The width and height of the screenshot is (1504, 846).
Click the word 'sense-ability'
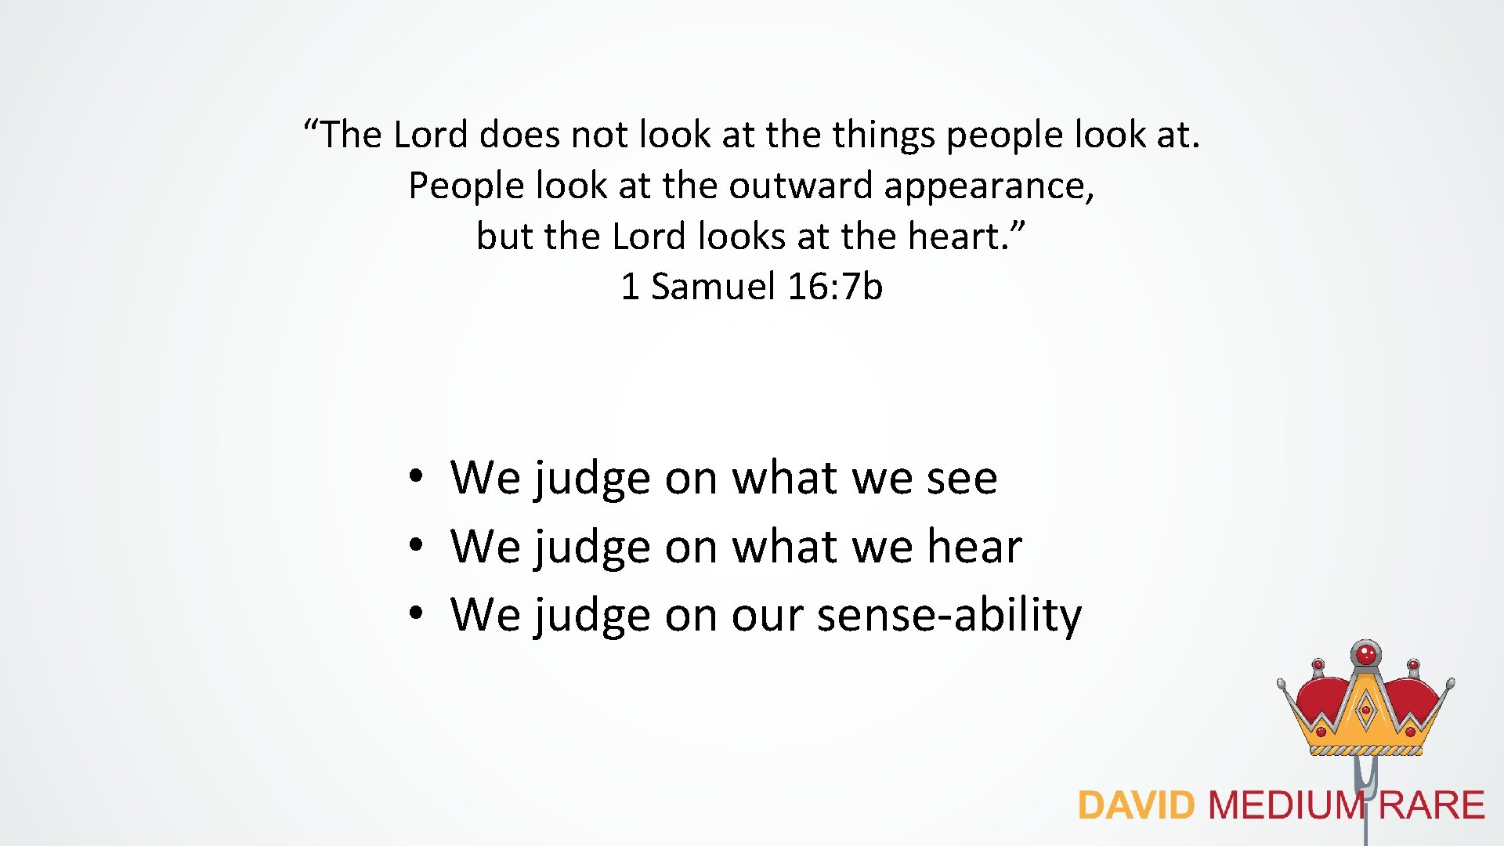(x=949, y=616)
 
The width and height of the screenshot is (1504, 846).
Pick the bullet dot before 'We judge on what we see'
(x=416, y=475)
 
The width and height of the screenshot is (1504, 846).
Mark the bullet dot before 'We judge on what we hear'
(x=416, y=544)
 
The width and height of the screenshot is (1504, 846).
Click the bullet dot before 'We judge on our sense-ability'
(x=416, y=612)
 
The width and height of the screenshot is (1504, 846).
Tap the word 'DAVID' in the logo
(x=1136, y=806)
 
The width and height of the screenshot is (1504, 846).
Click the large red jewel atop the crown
(x=1366, y=653)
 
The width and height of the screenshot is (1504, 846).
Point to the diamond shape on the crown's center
(x=1366, y=711)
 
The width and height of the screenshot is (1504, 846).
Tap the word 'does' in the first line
(x=519, y=135)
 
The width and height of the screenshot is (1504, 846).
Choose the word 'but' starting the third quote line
(x=504, y=237)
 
